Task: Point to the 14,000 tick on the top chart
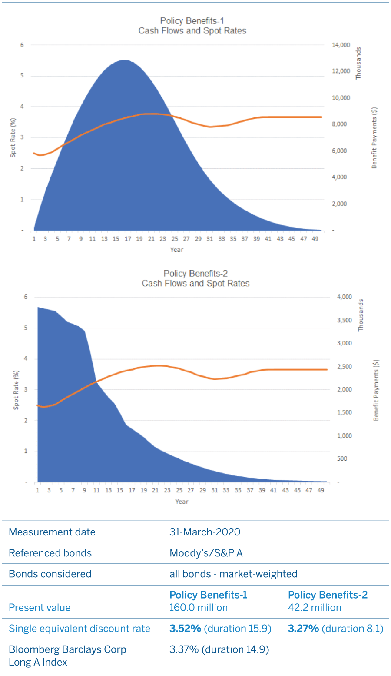(x=341, y=45)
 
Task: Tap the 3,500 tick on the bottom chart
(x=344, y=320)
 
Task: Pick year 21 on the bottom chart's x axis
(x=155, y=490)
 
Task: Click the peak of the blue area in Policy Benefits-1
(x=124, y=60)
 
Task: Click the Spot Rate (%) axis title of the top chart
(x=13, y=137)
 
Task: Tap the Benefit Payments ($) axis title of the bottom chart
(x=376, y=390)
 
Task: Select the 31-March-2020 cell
(x=205, y=532)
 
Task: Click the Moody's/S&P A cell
(x=206, y=553)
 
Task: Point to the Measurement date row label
(x=52, y=532)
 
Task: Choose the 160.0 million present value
(x=199, y=608)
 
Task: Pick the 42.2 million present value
(x=315, y=608)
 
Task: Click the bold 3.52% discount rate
(x=186, y=629)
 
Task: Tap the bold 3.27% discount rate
(x=304, y=629)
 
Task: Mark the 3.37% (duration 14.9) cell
(x=219, y=649)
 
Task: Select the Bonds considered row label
(x=50, y=574)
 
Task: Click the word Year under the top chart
(x=177, y=250)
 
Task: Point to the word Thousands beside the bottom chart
(x=361, y=315)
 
